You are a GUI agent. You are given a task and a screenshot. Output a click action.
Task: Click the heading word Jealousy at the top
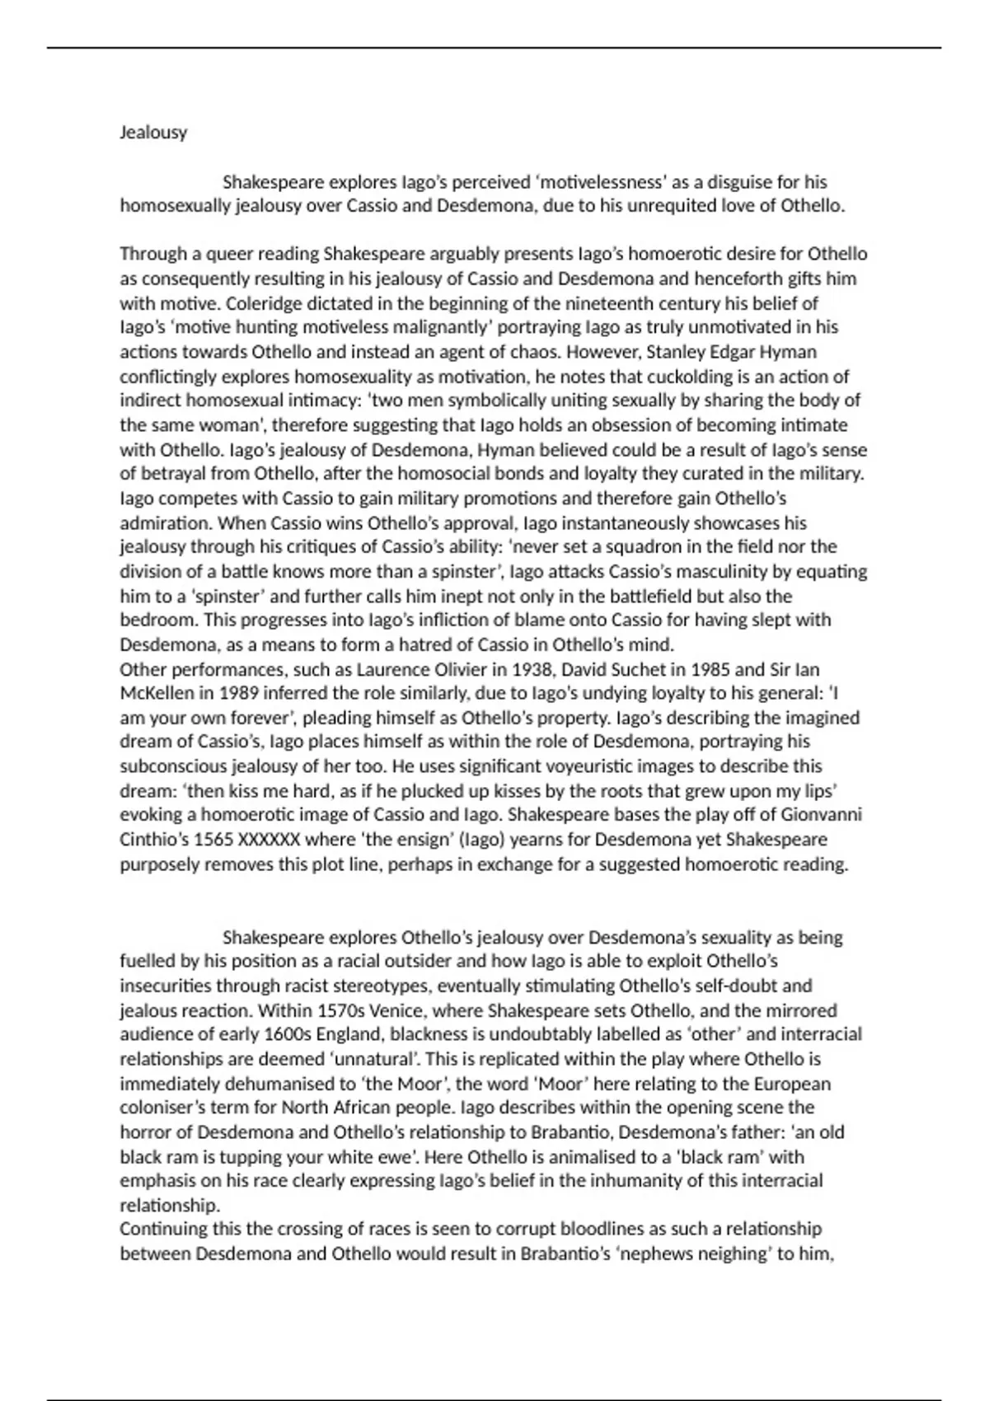153,133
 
